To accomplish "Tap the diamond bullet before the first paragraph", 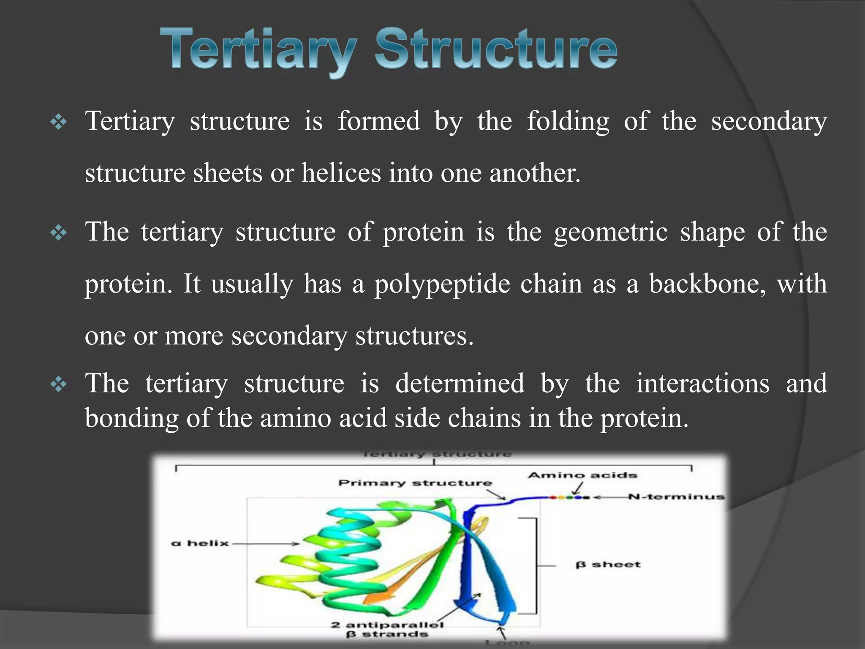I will coord(58,123).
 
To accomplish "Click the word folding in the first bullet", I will coord(568,122).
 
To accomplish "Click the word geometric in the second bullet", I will coord(611,232).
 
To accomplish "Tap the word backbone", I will coord(707,284).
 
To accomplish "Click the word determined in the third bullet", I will coord(460,384).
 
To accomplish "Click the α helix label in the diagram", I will coord(200,543).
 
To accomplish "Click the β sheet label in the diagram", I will coord(608,565).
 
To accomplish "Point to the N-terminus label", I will coord(676,497).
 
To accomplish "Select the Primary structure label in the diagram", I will coord(415,483).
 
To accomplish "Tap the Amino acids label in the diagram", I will coord(582,475).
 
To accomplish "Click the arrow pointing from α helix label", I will coord(266,544).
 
